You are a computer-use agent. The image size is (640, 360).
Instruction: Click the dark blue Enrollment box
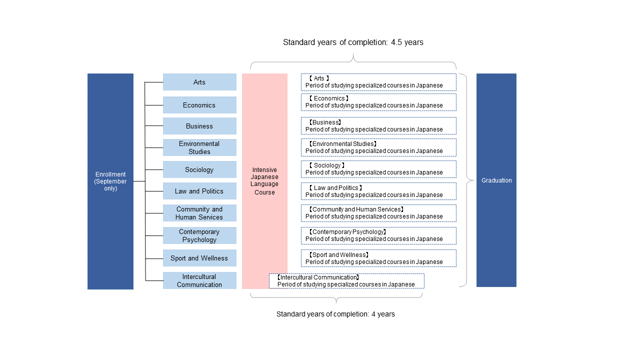(110, 181)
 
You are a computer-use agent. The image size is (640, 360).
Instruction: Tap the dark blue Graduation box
(496, 180)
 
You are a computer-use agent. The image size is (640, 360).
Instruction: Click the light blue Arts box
(199, 82)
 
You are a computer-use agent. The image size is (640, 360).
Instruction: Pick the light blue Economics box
(199, 105)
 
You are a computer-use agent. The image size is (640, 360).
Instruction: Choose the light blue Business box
(199, 126)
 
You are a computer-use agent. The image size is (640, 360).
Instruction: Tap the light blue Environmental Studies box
(199, 147)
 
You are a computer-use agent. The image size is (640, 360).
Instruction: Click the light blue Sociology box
(199, 169)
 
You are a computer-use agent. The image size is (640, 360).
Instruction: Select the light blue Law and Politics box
(199, 191)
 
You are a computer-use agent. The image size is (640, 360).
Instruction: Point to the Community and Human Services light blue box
(199, 213)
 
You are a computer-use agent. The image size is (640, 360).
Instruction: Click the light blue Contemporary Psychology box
(199, 235)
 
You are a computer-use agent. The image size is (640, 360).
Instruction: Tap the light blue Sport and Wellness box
(199, 258)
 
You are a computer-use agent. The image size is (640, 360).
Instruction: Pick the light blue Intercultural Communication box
(199, 280)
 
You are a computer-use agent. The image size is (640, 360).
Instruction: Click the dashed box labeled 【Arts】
(378, 82)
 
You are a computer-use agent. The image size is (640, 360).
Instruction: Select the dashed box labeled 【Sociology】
(378, 169)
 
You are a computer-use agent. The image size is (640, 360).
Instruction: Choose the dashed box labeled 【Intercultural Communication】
(346, 281)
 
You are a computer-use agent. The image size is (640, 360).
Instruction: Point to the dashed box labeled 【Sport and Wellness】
(378, 258)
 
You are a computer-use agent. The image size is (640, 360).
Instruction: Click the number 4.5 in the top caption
(396, 42)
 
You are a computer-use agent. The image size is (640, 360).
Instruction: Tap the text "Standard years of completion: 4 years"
(335, 314)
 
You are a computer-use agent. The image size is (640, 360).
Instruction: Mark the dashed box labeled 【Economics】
(378, 102)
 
